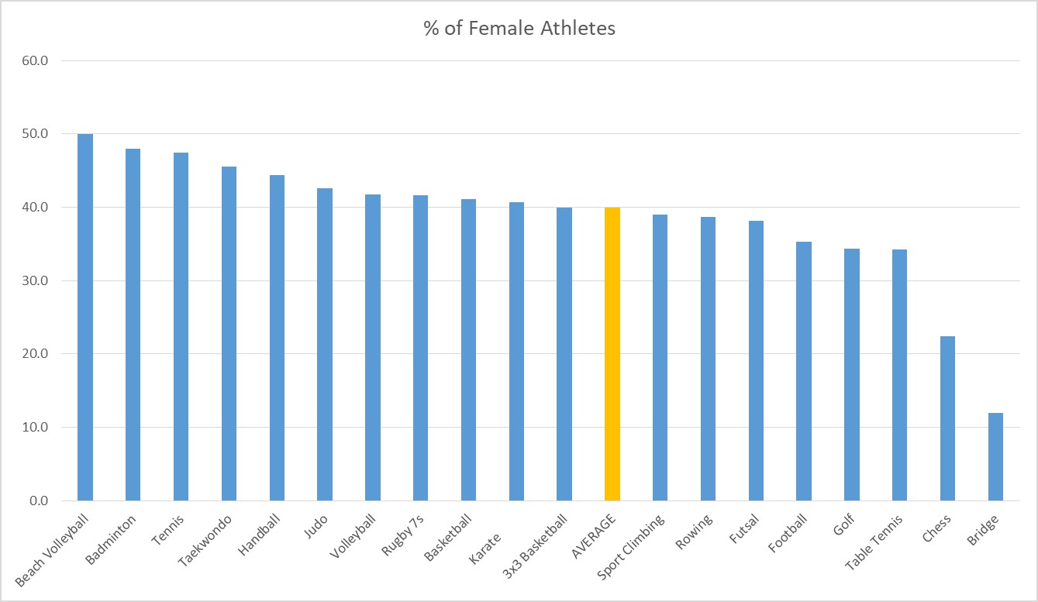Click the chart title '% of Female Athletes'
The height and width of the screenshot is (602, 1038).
point(519,29)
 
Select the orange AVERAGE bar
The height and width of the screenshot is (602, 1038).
point(612,354)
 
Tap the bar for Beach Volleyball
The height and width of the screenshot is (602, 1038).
point(85,318)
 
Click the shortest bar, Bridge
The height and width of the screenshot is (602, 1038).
point(995,457)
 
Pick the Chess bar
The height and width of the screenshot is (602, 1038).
point(947,418)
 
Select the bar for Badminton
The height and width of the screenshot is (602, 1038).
point(133,325)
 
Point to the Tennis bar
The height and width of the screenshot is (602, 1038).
point(181,326)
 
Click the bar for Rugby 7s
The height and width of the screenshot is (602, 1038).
point(420,348)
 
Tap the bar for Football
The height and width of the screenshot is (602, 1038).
point(804,371)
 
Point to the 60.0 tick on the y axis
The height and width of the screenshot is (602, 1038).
point(34,60)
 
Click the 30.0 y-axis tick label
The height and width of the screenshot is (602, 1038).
point(34,280)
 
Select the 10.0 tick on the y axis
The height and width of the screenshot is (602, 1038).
point(34,428)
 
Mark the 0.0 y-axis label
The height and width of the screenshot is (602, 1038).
point(37,501)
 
